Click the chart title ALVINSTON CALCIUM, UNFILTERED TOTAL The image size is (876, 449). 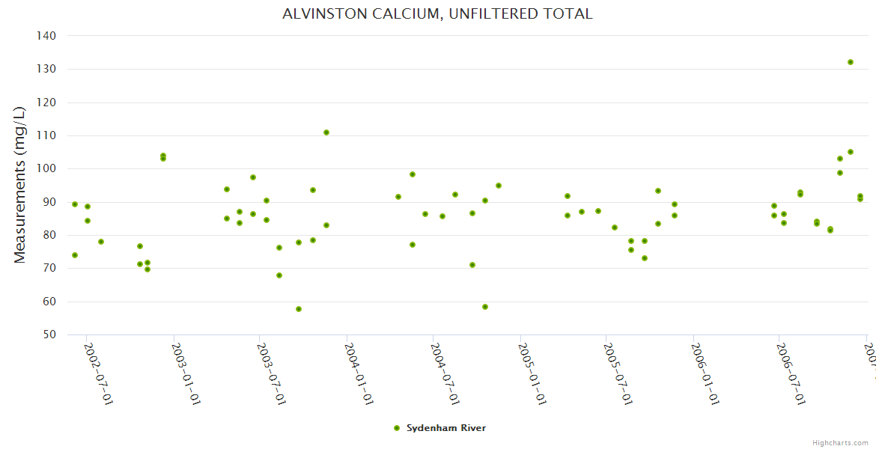pyautogui.click(x=437, y=13)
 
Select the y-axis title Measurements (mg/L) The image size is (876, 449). pyautogui.click(x=20, y=185)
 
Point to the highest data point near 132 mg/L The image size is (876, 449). pyautogui.click(x=851, y=62)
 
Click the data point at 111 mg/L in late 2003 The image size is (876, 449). pyautogui.click(x=326, y=132)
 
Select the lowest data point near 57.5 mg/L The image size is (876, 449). pyautogui.click(x=299, y=309)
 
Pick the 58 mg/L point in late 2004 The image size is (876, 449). pyautogui.click(x=485, y=307)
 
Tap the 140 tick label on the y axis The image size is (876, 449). pyautogui.click(x=46, y=35)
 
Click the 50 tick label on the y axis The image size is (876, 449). pyautogui.click(x=49, y=335)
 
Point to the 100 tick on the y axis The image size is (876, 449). pyautogui.click(x=46, y=168)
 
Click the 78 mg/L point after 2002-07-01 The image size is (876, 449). pyautogui.click(x=101, y=242)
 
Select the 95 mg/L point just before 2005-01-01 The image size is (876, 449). pyautogui.click(x=499, y=186)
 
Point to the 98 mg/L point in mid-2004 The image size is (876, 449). pyautogui.click(x=413, y=174)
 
